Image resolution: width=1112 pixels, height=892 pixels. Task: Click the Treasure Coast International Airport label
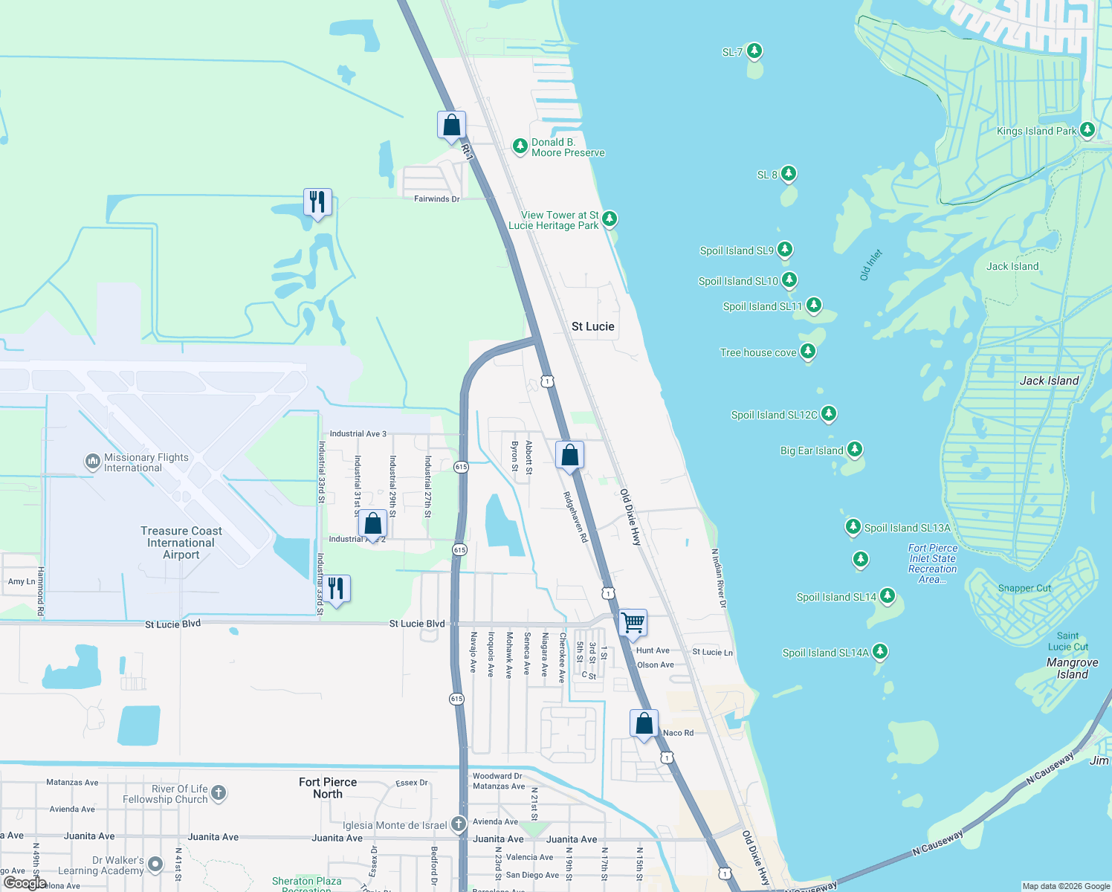[181, 543]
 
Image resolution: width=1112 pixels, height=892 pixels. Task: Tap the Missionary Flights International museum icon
[93, 462]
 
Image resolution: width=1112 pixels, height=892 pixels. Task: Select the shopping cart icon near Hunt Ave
[633, 622]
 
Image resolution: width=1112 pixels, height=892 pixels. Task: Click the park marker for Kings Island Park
[1087, 130]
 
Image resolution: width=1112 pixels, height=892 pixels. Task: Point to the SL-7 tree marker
[754, 51]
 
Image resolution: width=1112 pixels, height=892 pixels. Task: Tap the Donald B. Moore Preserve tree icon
[520, 146]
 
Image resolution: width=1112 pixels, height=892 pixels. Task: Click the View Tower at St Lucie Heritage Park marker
[610, 219]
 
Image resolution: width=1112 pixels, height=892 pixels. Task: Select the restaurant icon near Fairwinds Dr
[317, 201]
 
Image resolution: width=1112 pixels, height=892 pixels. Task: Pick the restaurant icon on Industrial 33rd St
[336, 588]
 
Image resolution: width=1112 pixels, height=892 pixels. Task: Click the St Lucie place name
[593, 326]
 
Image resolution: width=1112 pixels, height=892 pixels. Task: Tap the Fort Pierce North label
[328, 788]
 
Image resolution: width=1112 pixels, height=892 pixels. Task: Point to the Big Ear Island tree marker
[855, 449]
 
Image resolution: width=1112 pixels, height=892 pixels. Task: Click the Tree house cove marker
[808, 351]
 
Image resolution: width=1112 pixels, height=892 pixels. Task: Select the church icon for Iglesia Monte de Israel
[459, 824]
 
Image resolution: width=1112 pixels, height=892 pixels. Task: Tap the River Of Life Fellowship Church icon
[219, 792]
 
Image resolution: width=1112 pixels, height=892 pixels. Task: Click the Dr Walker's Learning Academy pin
[155, 864]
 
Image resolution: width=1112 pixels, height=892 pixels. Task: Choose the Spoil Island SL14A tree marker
[880, 651]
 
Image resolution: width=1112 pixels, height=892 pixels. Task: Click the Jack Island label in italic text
[1049, 381]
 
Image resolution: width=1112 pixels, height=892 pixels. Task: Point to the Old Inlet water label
[870, 265]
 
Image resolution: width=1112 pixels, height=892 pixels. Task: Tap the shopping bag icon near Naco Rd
[644, 723]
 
